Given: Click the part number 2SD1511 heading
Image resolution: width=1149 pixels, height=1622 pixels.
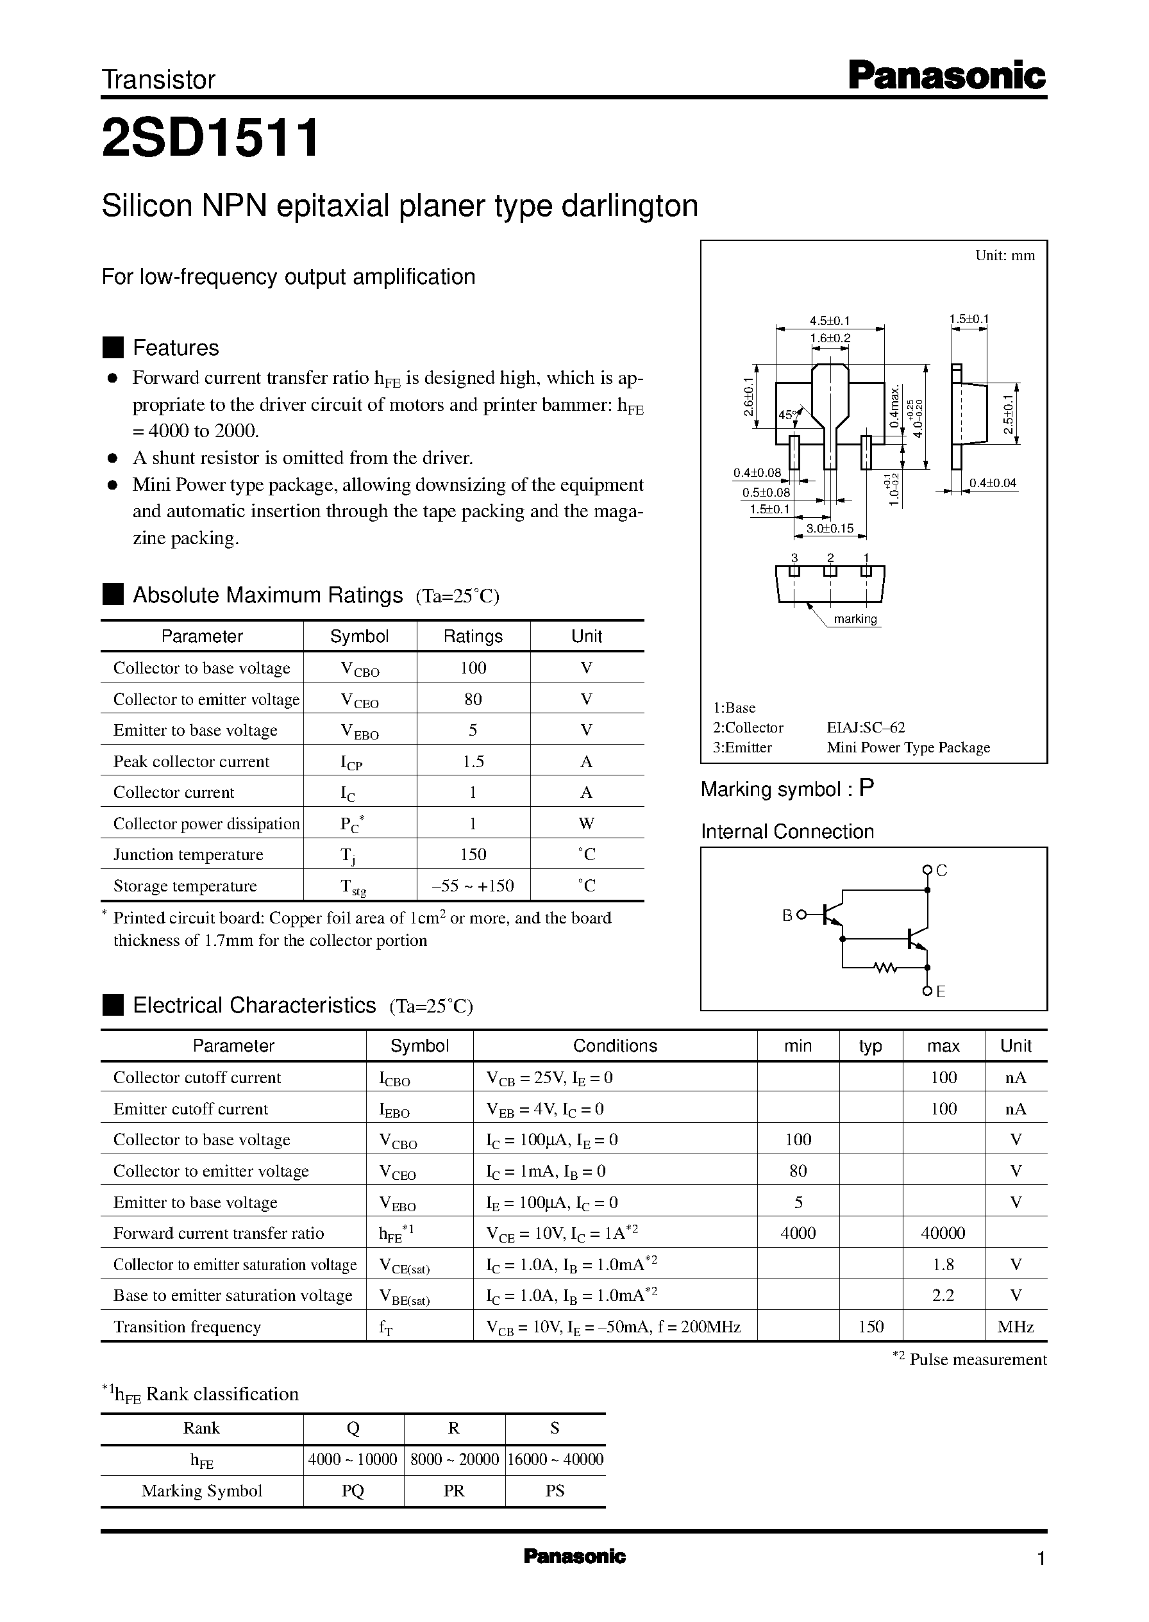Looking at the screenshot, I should (x=210, y=137).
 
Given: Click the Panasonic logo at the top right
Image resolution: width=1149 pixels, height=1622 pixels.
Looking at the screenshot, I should (x=946, y=76).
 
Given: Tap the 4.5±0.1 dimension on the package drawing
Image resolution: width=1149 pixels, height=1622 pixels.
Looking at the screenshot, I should (x=830, y=321).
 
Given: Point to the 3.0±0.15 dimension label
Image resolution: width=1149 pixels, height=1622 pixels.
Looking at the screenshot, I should (x=830, y=528).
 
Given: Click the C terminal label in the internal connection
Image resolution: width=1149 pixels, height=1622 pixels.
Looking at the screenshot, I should (x=942, y=871).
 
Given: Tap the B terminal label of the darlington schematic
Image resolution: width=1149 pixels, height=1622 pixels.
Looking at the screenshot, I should (x=787, y=916).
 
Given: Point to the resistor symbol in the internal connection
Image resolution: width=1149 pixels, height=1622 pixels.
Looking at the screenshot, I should (x=884, y=967).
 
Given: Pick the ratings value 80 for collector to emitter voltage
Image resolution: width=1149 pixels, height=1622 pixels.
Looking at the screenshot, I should (x=473, y=699).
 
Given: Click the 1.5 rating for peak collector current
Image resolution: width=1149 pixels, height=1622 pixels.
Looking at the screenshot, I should (x=473, y=761).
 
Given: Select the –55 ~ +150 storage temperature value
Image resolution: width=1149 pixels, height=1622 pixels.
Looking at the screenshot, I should (x=473, y=886).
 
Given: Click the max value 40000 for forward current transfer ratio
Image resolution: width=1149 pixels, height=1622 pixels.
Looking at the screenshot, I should (x=943, y=1233).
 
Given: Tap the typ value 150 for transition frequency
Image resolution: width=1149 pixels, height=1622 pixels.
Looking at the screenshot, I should (x=870, y=1327).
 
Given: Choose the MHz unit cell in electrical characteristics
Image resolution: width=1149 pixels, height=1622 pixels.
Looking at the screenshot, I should (x=1015, y=1327).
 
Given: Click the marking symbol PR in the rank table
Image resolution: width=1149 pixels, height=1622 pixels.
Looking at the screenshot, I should (x=453, y=1491).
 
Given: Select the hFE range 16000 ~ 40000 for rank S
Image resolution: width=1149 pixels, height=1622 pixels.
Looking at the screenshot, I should (x=555, y=1459).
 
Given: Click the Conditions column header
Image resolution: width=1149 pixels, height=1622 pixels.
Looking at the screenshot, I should (x=614, y=1046).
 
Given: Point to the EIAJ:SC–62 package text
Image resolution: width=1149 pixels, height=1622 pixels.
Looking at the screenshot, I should (x=866, y=727).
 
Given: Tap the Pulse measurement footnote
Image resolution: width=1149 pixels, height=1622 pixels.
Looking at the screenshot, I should (x=977, y=1359).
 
